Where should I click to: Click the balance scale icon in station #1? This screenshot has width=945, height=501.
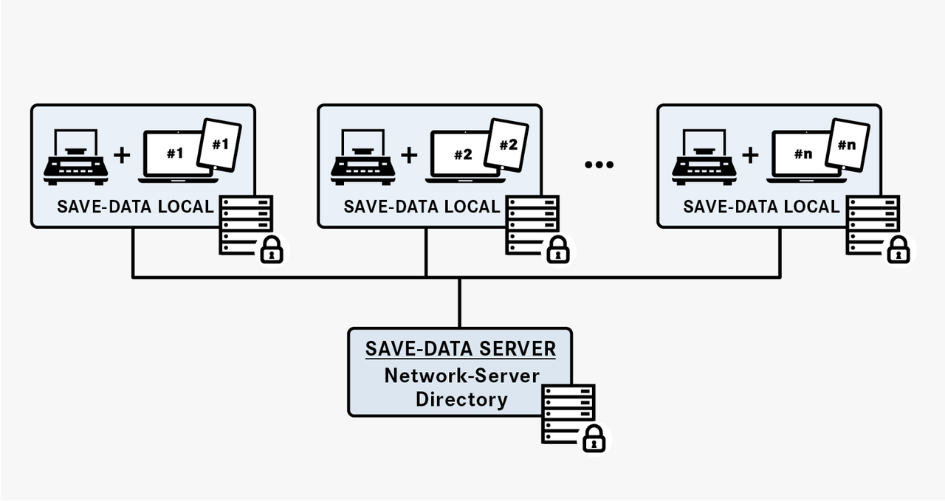pyautogui.click(x=75, y=157)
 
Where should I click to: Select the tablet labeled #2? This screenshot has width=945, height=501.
pyautogui.click(x=507, y=145)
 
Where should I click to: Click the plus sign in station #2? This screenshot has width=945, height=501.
pyautogui.click(x=409, y=154)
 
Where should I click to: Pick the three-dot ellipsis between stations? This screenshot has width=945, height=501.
pyautogui.click(x=599, y=165)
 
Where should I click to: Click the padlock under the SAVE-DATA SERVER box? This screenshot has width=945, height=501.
pyautogui.click(x=594, y=439)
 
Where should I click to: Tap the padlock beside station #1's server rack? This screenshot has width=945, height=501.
pyautogui.click(x=272, y=250)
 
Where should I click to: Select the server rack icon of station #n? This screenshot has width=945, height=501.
pyautogui.click(x=872, y=222)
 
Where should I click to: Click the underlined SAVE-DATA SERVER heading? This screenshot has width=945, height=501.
pyautogui.click(x=460, y=348)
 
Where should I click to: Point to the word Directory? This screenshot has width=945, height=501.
pyautogui.click(x=461, y=400)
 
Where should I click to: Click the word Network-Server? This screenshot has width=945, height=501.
pyautogui.click(x=461, y=375)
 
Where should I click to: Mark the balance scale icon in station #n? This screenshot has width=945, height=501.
pyautogui.click(x=703, y=157)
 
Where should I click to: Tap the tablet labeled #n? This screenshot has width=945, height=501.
pyautogui.click(x=848, y=145)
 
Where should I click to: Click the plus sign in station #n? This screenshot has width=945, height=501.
pyautogui.click(x=750, y=154)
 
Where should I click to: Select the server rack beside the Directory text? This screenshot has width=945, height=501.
pyautogui.click(x=568, y=410)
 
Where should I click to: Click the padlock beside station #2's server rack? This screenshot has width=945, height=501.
pyautogui.click(x=558, y=250)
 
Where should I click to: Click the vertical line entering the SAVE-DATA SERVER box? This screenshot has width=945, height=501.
pyautogui.click(x=459, y=303)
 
